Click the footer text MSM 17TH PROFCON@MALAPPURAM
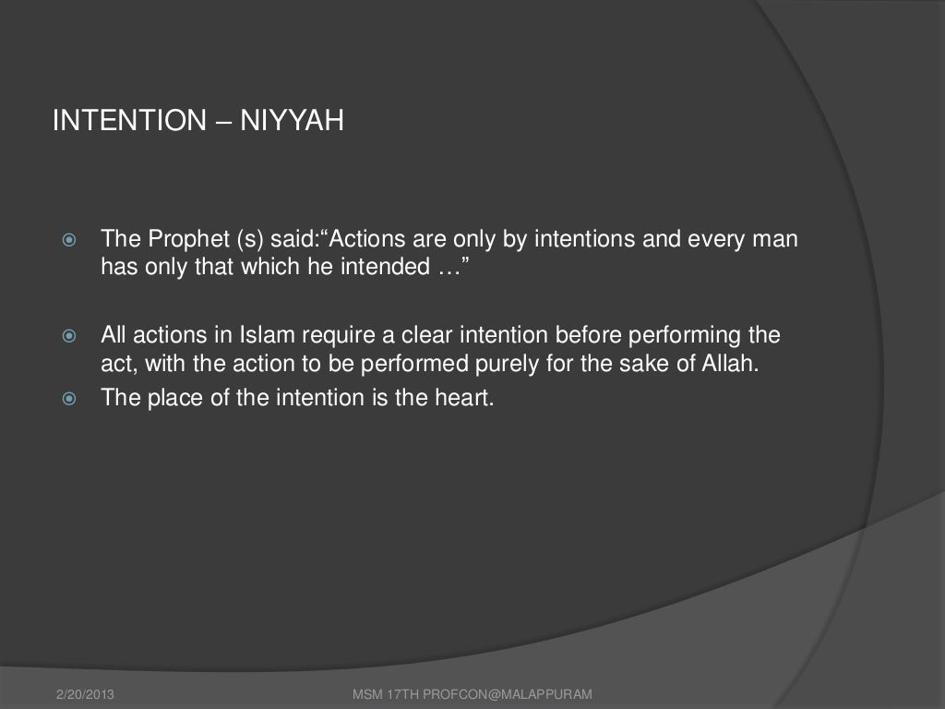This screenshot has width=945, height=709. [472, 693]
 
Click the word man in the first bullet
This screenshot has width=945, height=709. [776, 242]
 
